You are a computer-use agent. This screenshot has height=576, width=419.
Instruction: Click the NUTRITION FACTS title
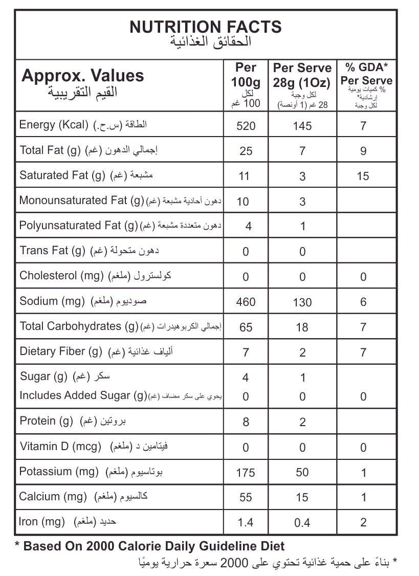click(206, 26)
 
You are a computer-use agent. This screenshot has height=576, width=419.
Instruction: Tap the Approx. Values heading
click(82, 76)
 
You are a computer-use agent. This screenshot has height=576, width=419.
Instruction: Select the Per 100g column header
click(246, 75)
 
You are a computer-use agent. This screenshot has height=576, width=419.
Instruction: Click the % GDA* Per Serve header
click(366, 74)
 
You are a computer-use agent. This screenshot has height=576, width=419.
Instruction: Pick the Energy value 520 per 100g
click(246, 126)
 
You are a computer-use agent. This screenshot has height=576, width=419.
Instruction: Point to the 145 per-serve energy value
click(302, 126)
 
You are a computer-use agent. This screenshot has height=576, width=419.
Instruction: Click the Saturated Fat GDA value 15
click(363, 176)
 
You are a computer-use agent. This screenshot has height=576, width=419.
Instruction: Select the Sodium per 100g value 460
click(246, 302)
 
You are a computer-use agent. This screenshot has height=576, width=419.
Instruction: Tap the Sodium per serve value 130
click(302, 302)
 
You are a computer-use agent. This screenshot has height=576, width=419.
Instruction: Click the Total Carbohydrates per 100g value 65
click(246, 327)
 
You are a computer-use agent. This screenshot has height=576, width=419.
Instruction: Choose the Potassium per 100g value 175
click(246, 472)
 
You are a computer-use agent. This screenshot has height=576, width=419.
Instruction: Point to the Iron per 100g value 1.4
click(246, 522)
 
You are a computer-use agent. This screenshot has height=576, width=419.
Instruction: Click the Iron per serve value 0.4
click(302, 522)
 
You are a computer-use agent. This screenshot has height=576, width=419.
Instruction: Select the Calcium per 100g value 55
click(246, 497)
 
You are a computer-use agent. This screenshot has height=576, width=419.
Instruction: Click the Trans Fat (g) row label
click(52, 250)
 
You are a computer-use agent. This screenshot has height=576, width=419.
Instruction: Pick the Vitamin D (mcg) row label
click(60, 446)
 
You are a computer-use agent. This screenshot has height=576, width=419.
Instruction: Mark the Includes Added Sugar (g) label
click(83, 395)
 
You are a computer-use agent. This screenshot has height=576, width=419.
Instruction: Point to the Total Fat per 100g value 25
click(246, 151)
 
